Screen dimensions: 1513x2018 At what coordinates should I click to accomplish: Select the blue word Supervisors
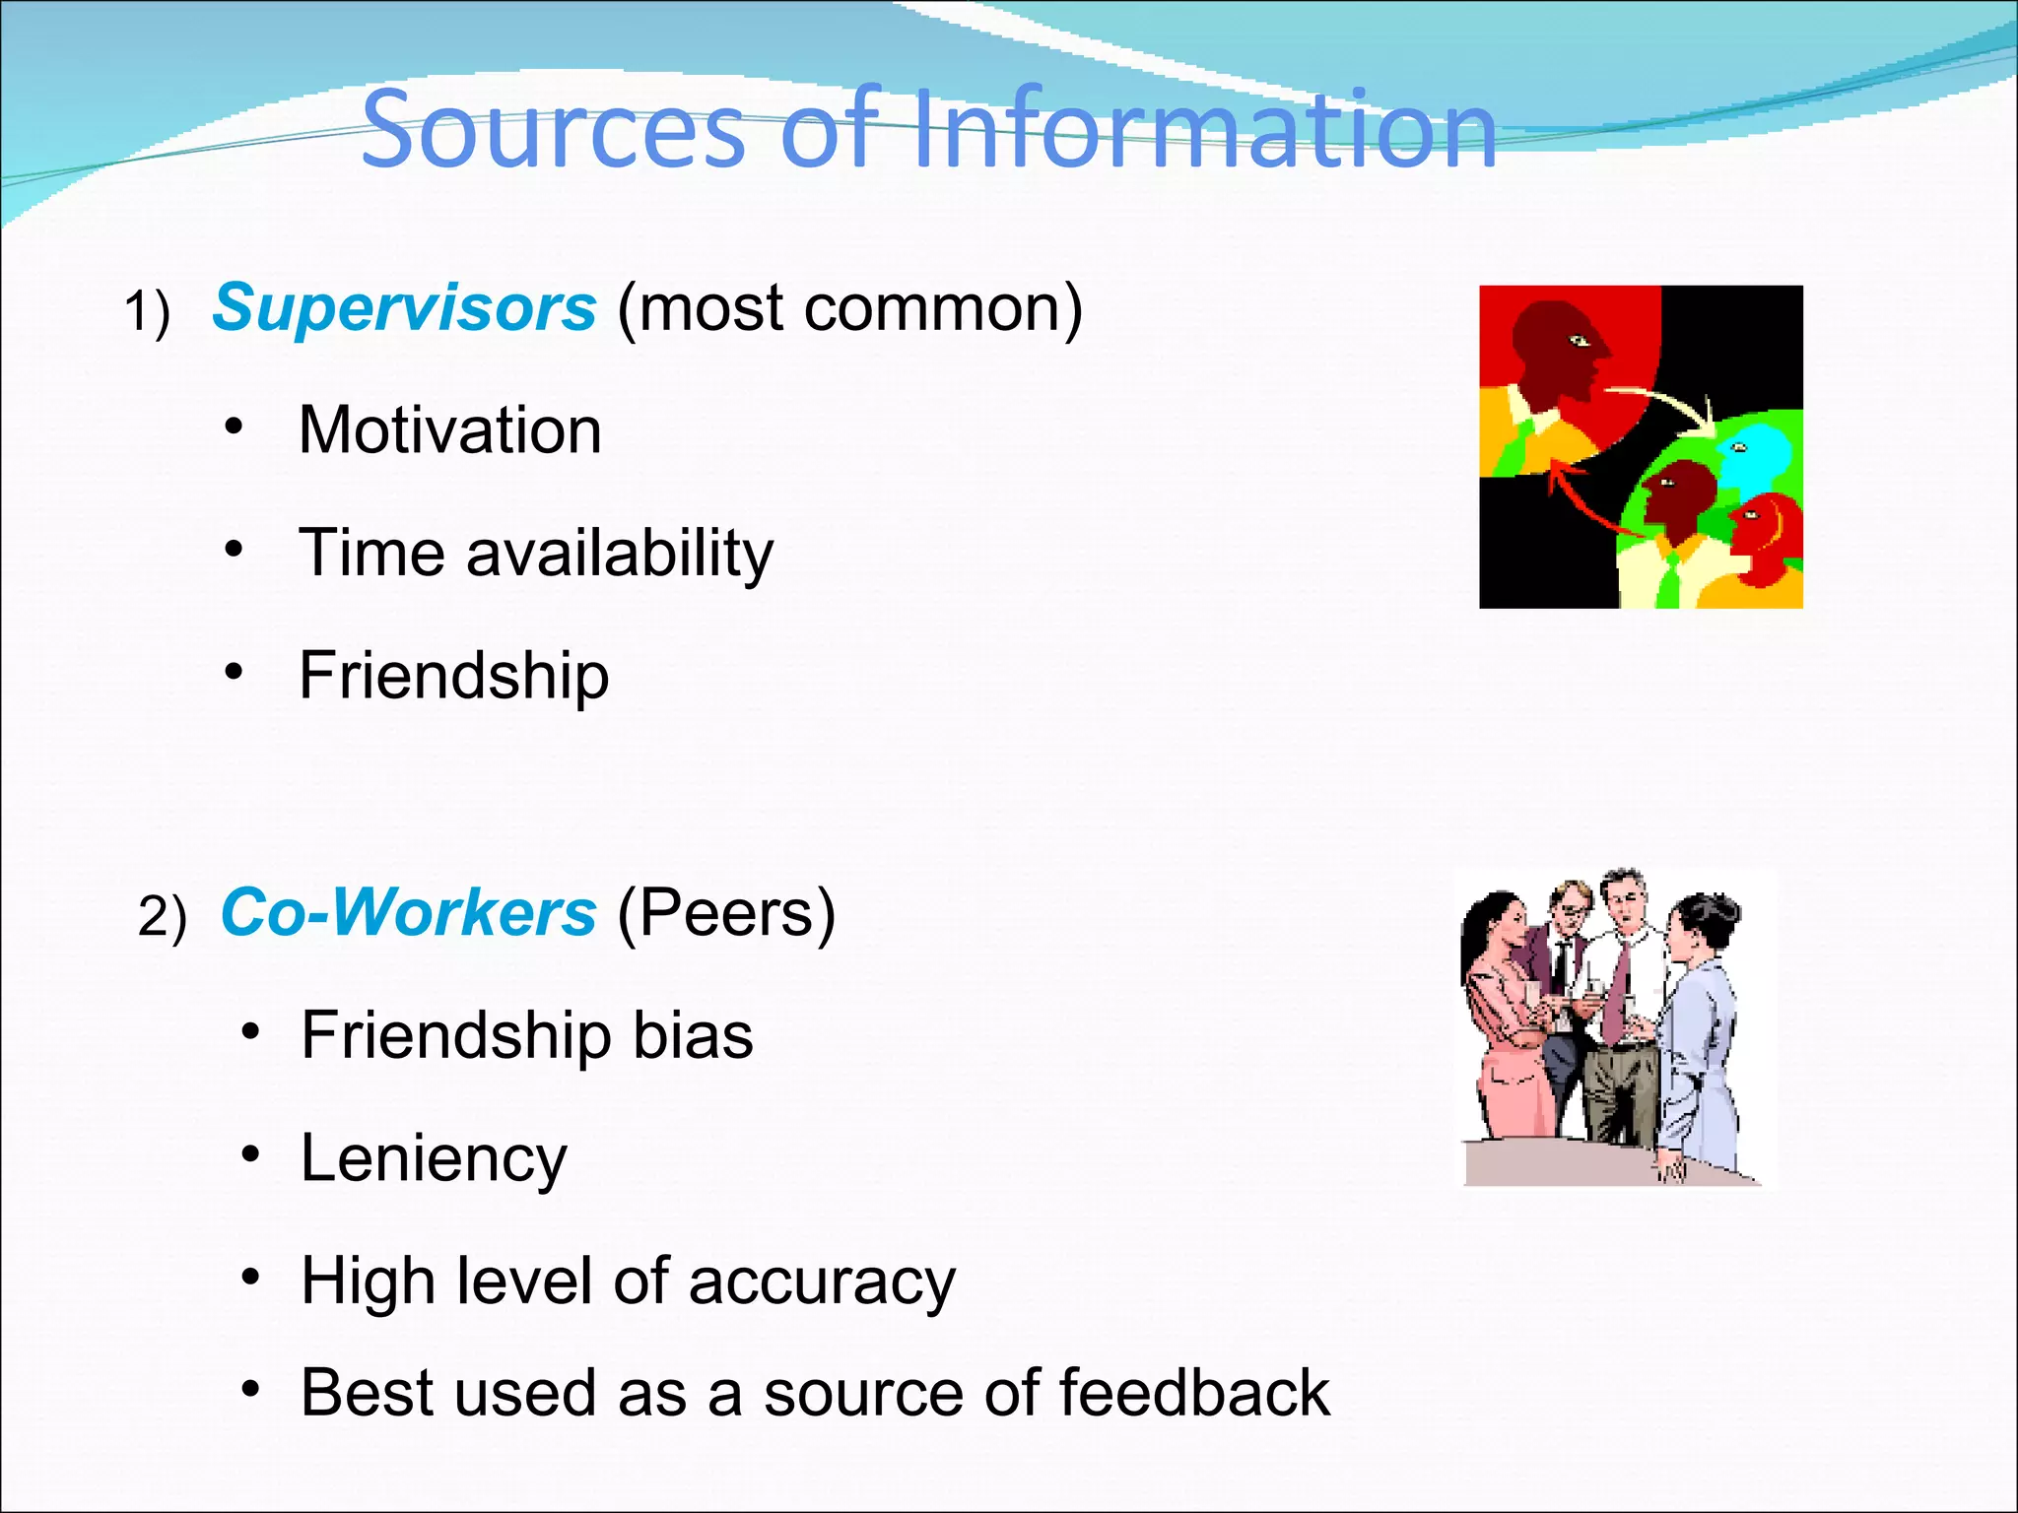point(404,307)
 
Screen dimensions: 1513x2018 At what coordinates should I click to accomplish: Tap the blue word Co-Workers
point(408,912)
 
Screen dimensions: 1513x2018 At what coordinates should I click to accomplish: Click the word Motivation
point(450,430)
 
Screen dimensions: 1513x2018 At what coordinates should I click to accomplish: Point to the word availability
point(620,553)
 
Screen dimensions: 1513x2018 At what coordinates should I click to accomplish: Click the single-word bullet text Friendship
point(454,676)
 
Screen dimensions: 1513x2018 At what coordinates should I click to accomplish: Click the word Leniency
point(434,1158)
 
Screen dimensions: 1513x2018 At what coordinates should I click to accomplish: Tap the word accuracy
point(822,1282)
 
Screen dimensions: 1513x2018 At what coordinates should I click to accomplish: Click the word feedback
point(1194,1393)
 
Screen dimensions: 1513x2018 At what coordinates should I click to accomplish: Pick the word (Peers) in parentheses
point(726,912)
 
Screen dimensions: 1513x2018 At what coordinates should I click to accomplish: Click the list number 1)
point(147,313)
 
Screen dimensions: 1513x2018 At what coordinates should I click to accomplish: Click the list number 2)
point(162,918)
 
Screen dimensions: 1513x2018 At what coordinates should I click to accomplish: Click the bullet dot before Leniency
point(251,1153)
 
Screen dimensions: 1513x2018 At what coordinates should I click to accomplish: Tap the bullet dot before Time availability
point(234,548)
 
